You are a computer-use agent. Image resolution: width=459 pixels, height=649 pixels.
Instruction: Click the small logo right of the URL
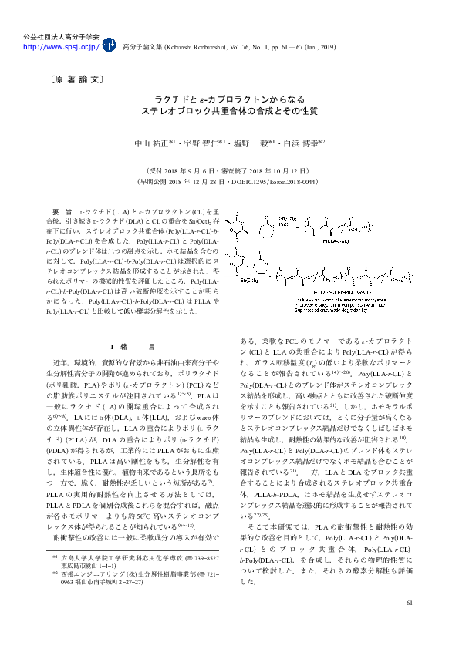click(x=110, y=45)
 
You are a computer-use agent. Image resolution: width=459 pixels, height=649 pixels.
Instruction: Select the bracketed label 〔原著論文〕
click(x=72, y=79)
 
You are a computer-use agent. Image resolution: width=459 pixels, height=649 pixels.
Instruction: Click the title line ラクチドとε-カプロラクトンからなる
click(x=229, y=100)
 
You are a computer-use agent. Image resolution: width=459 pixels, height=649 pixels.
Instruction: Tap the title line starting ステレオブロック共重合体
click(x=229, y=112)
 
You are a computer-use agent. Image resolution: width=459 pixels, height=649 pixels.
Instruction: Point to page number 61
click(x=410, y=624)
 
